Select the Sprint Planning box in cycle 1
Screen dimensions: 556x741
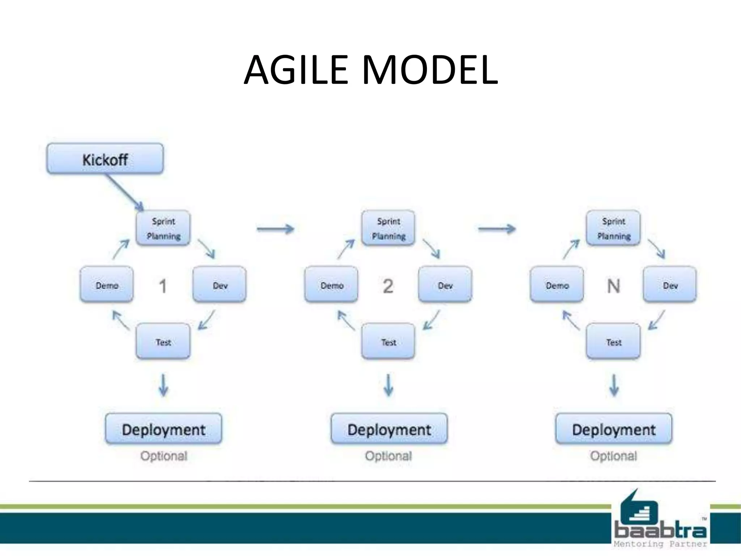click(163, 228)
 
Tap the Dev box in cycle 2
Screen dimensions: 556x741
click(445, 285)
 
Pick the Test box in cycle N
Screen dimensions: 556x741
click(613, 341)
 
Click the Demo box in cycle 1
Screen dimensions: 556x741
click(107, 285)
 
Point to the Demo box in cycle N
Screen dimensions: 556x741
click(557, 285)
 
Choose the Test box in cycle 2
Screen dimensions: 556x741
click(388, 341)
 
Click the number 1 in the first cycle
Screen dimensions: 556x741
click(163, 286)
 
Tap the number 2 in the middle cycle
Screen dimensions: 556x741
click(388, 286)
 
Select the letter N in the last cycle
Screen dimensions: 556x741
click(613, 286)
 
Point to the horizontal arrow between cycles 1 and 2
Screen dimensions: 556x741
click(275, 229)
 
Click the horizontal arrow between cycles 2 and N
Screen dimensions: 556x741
click(497, 229)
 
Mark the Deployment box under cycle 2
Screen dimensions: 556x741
click(389, 429)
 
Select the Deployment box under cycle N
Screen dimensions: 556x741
click(614, 429)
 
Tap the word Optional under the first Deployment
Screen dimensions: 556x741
click(164, 456)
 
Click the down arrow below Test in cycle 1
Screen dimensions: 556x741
click(164, 386)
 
